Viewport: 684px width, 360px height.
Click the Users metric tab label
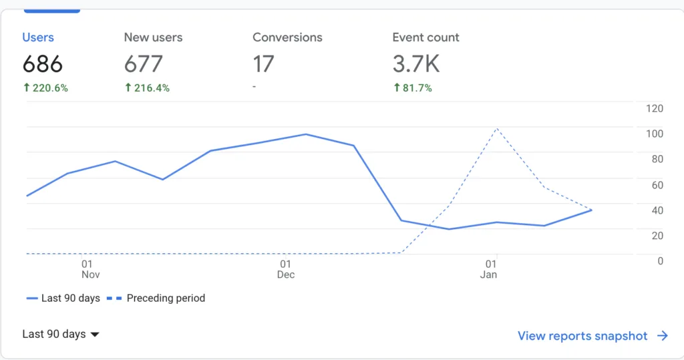(38, 37)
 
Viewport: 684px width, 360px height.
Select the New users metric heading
(153, 37)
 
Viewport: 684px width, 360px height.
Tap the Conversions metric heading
(287, 37)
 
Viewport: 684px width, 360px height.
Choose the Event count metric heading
(425, 37)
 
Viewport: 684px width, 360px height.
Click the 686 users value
(43, 64)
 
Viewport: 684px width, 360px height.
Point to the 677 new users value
(144, 64)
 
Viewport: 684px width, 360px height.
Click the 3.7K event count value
(416, 64)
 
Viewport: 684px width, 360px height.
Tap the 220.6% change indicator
(45, 88)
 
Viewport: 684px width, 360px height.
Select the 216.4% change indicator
(147, 88)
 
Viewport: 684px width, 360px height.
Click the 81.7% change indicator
(413, 88)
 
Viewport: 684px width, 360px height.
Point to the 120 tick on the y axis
(655, 109)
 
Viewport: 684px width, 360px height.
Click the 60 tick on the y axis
(657, 185)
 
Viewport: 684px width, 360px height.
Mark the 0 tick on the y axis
(661, 261)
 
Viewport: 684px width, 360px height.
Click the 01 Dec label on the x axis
(286, 269)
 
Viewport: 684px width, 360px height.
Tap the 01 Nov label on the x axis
(90, 269)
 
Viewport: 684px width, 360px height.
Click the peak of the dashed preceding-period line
(497, 129)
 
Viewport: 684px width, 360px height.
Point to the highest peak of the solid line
(306, 134)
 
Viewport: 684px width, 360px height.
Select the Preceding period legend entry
(156, 299)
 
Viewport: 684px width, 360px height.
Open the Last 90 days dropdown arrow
(95, 335)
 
